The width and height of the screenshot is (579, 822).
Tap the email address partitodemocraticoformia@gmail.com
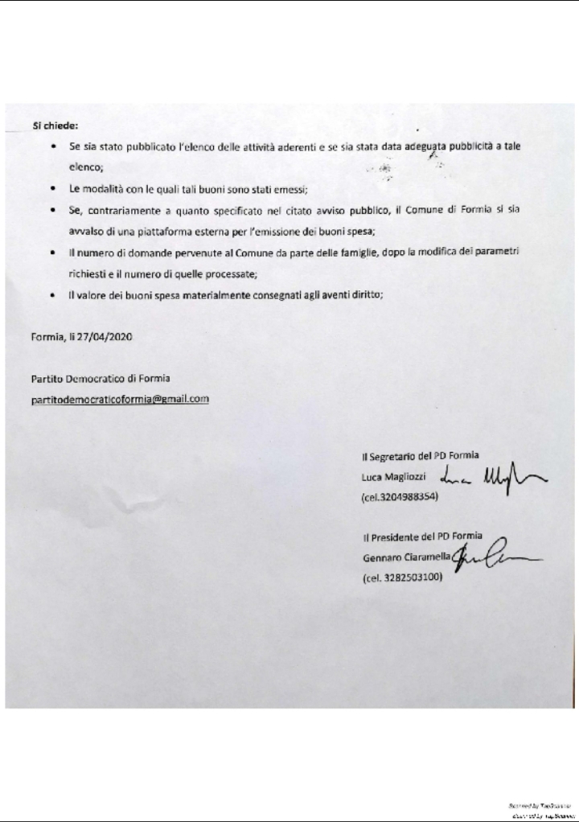[120, 398]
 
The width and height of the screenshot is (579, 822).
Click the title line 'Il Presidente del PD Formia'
[421, 537]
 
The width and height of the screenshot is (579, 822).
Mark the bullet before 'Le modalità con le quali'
[53, 190]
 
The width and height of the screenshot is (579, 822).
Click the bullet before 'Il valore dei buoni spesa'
[53, 294]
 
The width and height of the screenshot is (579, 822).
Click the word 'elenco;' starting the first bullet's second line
[86, 168]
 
